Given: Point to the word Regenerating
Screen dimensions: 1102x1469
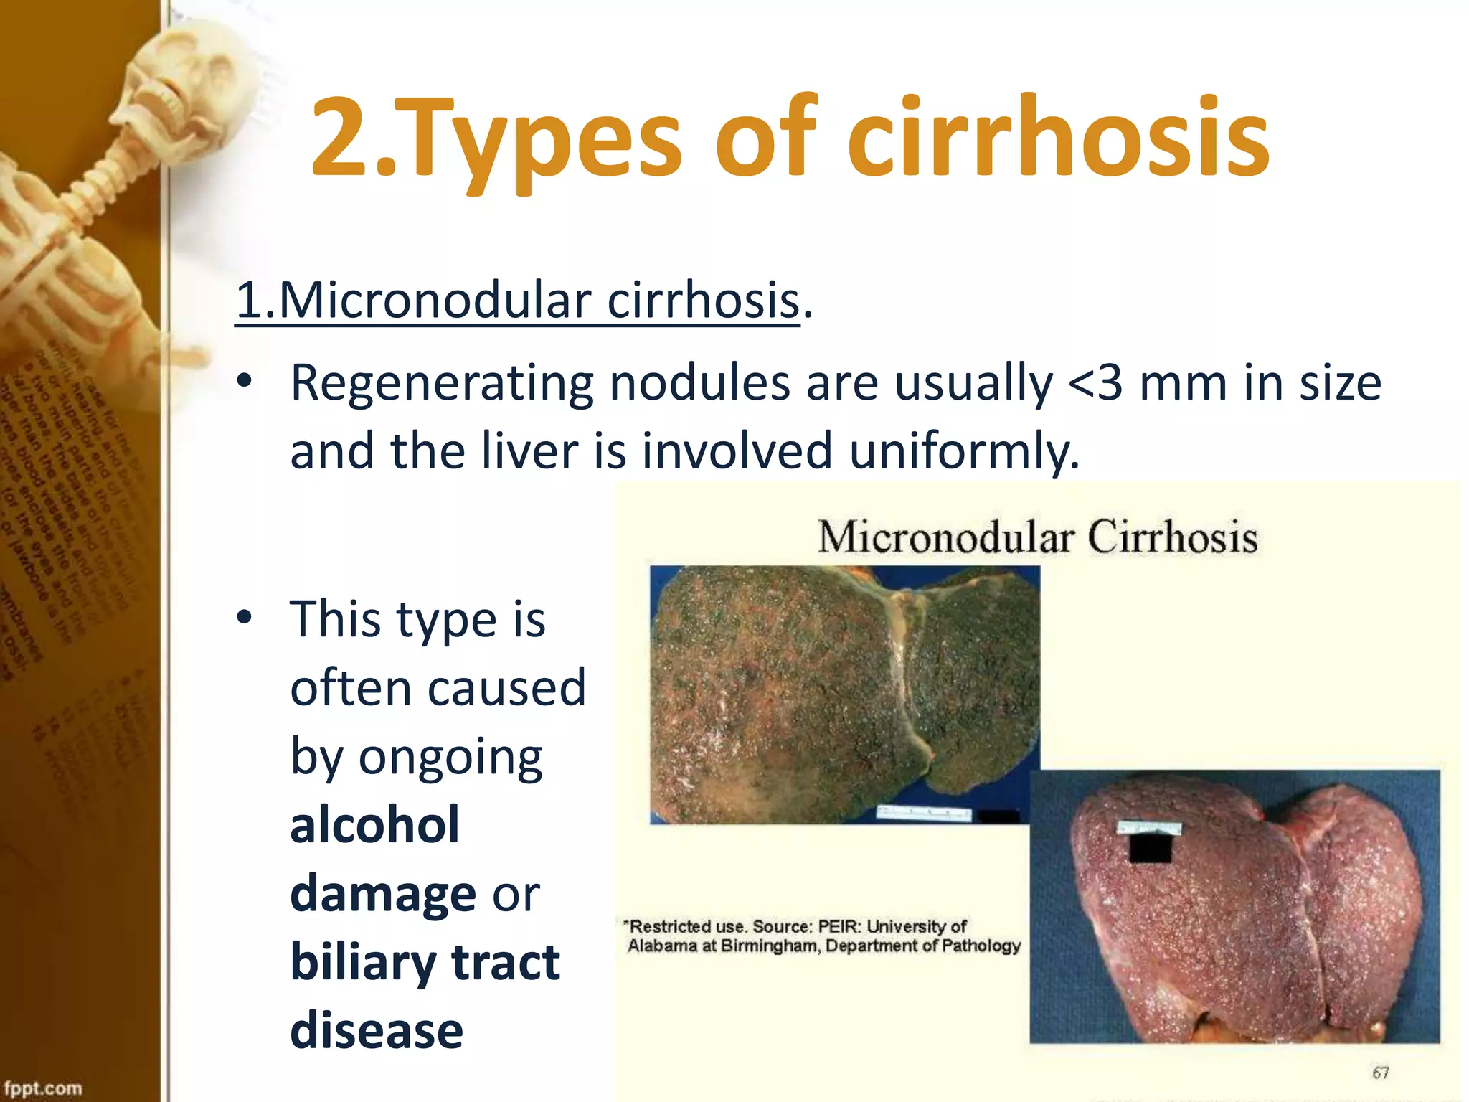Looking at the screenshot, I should point(442,384).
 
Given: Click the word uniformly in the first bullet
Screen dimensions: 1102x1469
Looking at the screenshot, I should point(964,451).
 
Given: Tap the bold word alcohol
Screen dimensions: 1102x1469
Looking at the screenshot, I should point(374,825).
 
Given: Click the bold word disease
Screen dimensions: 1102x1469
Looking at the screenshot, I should point(377,1030).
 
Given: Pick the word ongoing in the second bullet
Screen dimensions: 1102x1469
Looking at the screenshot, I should point(450,758).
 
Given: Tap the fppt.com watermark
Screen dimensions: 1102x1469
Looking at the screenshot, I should point(42,1088).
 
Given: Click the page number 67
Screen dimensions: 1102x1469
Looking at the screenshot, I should point(1381,1073).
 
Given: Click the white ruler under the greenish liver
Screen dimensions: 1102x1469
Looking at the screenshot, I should point(925,813).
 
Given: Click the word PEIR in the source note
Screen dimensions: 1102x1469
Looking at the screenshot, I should point(839,926).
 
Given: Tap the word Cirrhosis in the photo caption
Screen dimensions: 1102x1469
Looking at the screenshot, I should point(1172,537).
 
